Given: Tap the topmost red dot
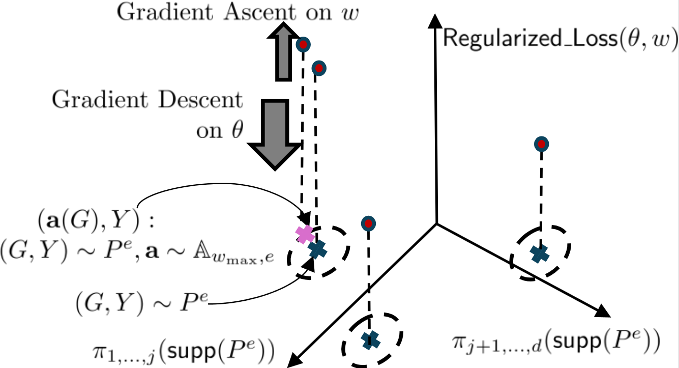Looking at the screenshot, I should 303,45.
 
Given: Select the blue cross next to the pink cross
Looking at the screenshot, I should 317,249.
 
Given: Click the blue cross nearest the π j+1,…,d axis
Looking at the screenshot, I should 539,253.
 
